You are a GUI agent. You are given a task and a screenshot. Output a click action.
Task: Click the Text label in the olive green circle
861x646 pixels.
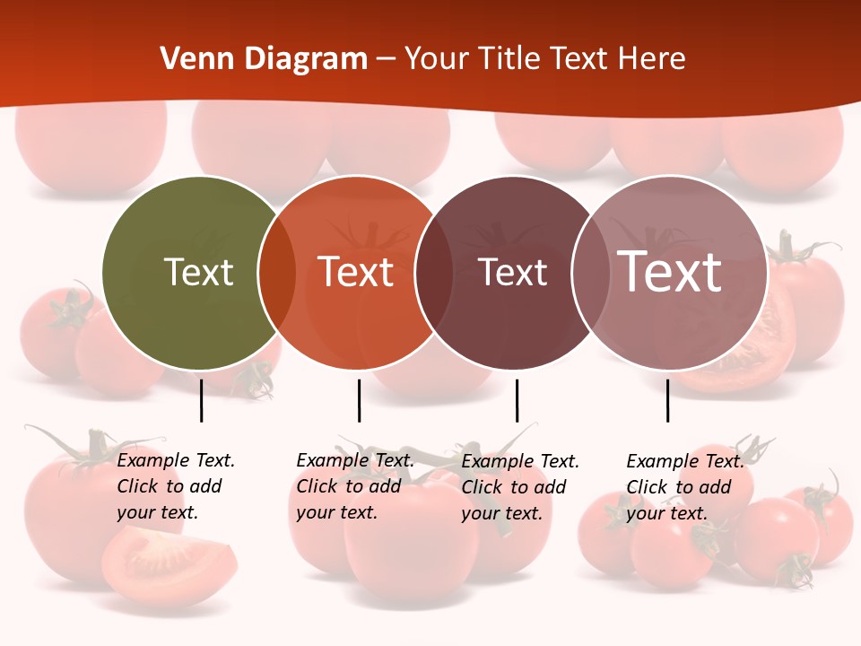(x=199, y=272)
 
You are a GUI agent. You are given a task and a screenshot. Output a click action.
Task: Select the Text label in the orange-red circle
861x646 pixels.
(x=356, y=272)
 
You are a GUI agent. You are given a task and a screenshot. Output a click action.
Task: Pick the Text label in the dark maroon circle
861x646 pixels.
(x=513, y=272)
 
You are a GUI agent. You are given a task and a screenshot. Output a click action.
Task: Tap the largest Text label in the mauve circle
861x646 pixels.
(x=670, y=272)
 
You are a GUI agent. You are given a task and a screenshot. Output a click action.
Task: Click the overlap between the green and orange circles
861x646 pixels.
(x=277, y=272)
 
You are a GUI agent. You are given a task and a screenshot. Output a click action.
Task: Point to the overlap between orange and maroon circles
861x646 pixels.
(x=434, y=272)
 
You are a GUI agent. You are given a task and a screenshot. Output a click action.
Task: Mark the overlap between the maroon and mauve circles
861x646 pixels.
(x=591, y=272)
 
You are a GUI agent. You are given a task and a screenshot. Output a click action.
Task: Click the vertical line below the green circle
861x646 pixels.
(x=202, y=400)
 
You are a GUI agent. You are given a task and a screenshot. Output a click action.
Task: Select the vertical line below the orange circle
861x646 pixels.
(x=359, y=400)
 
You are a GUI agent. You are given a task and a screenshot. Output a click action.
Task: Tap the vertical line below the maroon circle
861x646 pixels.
(x=517, y=400)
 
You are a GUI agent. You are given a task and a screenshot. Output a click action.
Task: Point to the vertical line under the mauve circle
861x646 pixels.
(x=667, y=400)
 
